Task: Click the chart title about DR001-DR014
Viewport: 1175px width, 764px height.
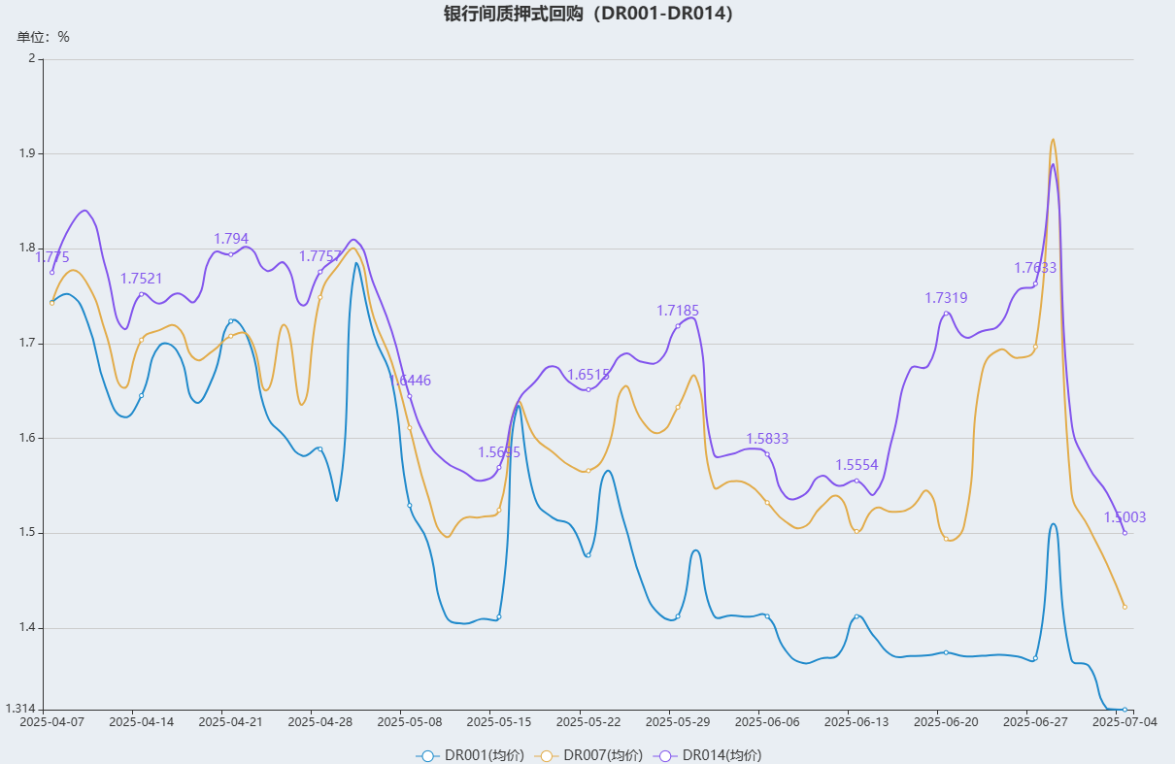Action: pos(587,14)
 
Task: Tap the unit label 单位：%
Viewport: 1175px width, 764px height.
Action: pos(44,37)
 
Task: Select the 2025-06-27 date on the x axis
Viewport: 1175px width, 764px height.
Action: pos(1035,721)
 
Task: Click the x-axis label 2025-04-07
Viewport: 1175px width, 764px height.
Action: pos(51,721)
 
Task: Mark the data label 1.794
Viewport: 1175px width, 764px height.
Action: pos(231,239)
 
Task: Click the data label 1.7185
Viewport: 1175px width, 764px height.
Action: pos(678,311)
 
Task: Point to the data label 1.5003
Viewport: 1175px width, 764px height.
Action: pos(1125,517)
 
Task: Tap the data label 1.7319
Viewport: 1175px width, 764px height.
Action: pos(946,298)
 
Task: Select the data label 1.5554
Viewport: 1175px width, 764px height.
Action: pos(856,465)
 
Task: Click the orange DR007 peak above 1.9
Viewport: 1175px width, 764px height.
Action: pos(1053,140)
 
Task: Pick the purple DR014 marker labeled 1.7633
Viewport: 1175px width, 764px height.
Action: pos(1035,283)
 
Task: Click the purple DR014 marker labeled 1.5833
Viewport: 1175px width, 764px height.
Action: pos(767,454)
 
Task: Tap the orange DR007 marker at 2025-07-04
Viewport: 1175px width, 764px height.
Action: pos(1125,607)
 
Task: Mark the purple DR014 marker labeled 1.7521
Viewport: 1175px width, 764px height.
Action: pos(141,294)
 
